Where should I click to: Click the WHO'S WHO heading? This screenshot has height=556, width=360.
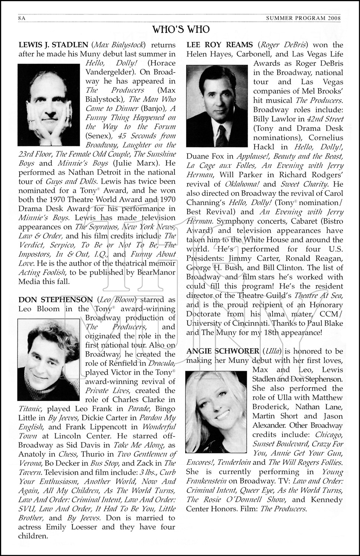181,29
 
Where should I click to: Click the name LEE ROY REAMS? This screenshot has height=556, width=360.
219,45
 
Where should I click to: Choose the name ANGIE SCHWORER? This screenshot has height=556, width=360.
223,351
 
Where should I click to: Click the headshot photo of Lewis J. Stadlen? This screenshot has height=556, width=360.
49,105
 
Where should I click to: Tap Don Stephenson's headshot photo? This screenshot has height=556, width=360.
49,360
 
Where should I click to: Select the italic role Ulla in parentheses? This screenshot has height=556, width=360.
271,351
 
